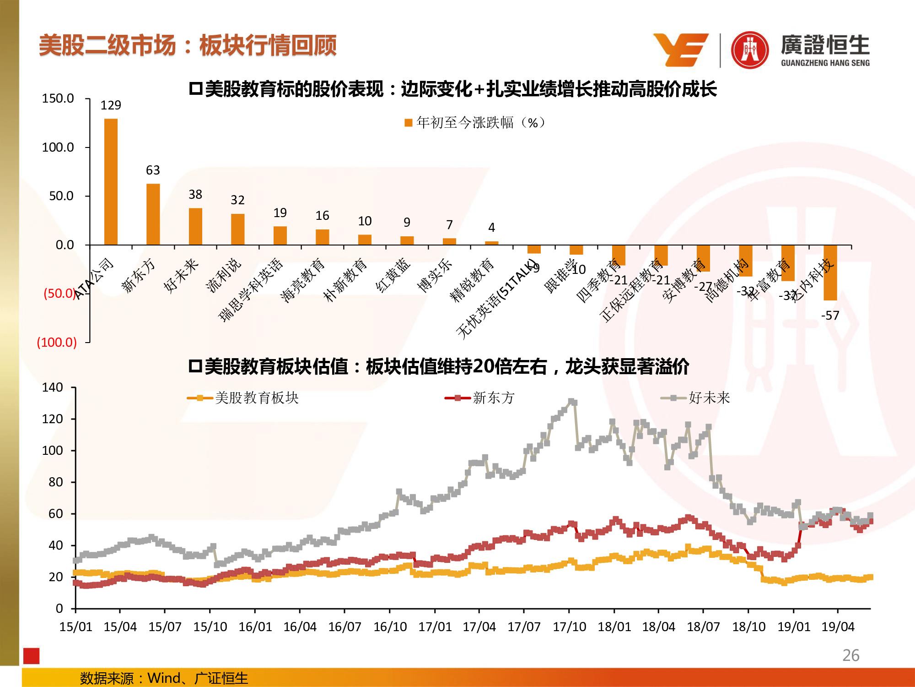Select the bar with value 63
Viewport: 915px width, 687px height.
click(153, 214)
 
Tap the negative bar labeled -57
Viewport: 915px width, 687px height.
click(830, 273)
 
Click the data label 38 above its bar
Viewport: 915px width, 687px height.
click(195, 195)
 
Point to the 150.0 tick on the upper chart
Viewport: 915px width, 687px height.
click(58, 98)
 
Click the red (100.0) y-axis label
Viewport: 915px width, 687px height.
click(57, 342)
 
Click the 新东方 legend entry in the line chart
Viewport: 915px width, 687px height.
click(480, 398)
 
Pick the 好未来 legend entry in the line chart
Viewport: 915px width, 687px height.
click(696, 398)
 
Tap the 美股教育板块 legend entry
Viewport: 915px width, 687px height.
click(243, 398)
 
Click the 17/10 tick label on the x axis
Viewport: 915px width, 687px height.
click(569, 627)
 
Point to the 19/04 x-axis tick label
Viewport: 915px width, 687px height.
click(838, 627)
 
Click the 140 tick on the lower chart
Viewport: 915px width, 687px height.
click(53, 387)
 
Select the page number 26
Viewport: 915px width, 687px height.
click(850, 655)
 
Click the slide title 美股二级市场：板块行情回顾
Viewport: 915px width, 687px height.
click(188, 45)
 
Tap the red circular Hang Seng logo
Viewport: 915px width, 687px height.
click(749, 50)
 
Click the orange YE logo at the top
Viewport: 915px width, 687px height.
click(681, 49)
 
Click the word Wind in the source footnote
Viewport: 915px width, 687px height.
click(164, 678)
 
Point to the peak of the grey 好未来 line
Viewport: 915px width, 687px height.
click(572, 402)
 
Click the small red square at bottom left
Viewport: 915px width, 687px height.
click(32, 656)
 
